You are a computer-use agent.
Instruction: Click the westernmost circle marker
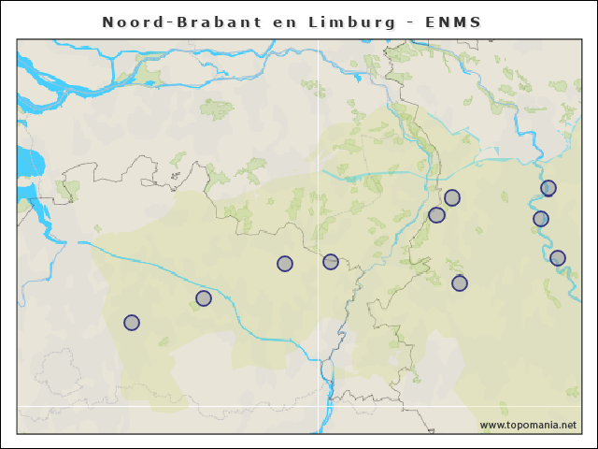(132, 323)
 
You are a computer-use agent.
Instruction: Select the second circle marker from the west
(204, 298)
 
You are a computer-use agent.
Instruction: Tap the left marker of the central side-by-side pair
(285, 264)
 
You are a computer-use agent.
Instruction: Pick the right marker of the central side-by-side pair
(331, 262)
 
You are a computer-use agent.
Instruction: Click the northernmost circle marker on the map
(548, 188)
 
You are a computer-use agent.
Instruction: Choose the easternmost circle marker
(558, 258)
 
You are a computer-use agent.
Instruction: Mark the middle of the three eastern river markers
(541, 219)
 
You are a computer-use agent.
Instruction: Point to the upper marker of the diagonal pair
(452, 197)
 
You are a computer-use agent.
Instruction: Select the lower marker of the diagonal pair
(436, 215)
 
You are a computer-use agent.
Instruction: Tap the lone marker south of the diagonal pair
(460, 283)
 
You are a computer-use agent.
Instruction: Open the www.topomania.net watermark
(528, 425)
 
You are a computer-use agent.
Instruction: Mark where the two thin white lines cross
(319, 406)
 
